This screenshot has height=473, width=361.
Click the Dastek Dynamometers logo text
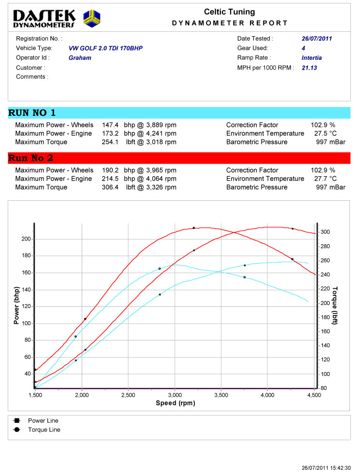click(x=44, y=18)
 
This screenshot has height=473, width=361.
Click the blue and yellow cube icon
click(x=92, y=19)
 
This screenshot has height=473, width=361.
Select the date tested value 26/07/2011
click(x=317, y=39)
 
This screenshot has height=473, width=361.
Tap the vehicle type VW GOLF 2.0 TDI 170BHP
click(x=106, y=48)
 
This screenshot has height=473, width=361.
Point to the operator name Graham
click(x=80, y=58)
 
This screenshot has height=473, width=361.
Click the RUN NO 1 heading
click(x=32, y=113)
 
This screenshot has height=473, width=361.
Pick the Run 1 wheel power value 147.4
click(x=111, y=125)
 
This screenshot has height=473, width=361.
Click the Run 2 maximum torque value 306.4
click(x=111, y=187)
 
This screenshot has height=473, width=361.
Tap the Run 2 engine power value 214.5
click(x=111, y=179)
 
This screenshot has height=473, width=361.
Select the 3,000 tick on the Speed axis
click(x=175, y=395)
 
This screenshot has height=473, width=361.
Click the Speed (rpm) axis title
click(x=175, y=403)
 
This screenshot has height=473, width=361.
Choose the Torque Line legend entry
click(x=44, y=430)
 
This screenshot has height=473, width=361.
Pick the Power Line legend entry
click(x=43, y=421)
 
